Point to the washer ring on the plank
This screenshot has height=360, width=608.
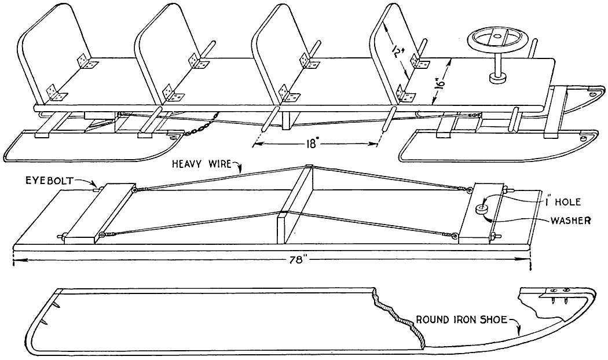pyautogui.click(x=481, y=208)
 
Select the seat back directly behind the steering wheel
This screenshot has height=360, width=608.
pyautogui.click(x=394, y=52)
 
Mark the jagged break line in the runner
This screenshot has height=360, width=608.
pyautogui.click(x=400, y=318)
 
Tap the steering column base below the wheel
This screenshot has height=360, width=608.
pyautogui.click(x=496, y=77)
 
